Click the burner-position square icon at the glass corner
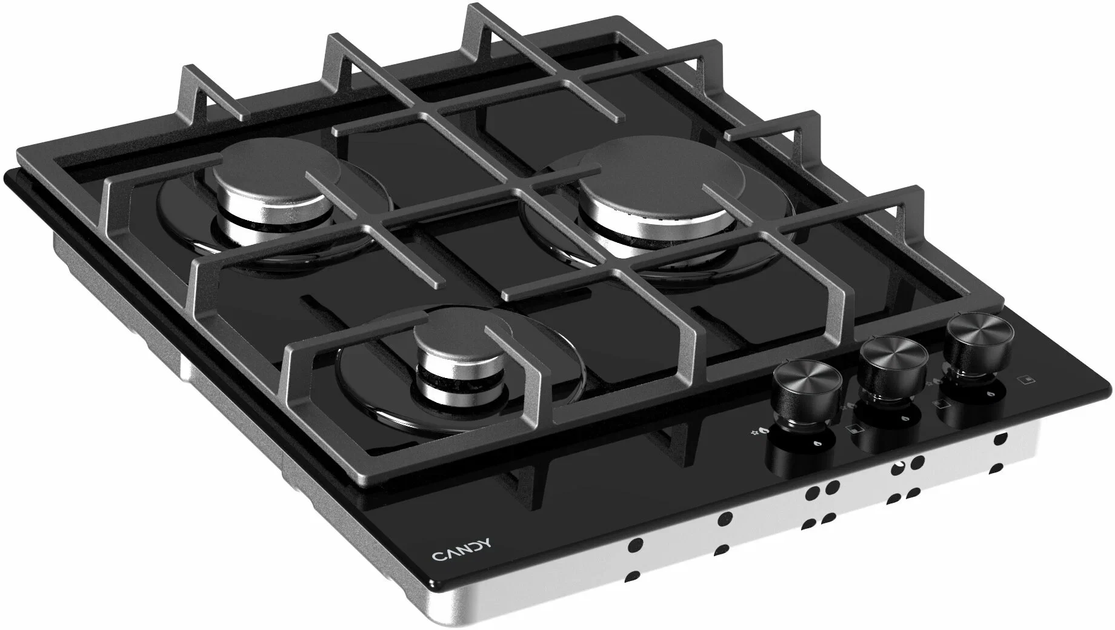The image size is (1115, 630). (x=1027, y=380)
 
